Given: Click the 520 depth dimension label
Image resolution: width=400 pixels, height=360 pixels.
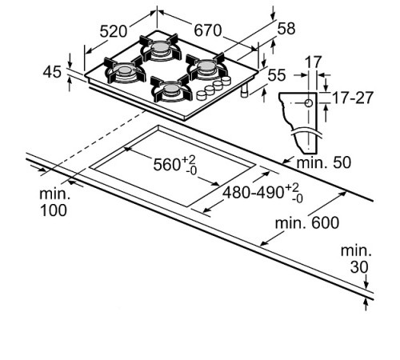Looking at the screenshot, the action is pyautogui.click(x=114, y=31).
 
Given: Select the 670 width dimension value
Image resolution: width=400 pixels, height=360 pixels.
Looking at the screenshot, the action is pyautogui.click(x=207, y=30).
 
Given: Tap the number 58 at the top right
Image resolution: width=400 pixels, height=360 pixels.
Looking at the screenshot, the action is pyautogui.click(x=286, y=28).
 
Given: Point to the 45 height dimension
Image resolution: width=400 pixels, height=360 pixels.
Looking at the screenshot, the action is pyautogui.click(x=52, y=72).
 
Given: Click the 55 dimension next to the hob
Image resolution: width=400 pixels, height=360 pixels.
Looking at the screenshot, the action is pyautogui.click(x=277, y=75).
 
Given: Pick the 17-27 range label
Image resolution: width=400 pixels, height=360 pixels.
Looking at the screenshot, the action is pyautogui.click(x=353, y=98).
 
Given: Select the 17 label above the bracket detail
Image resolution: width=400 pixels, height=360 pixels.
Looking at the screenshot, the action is pyautogui.click(x=313, y=62).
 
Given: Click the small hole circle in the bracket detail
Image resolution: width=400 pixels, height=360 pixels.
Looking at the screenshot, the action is pyautogui.click(x=309, y=103).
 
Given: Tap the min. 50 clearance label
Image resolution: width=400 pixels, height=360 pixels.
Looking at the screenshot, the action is pyautogui.click(x=324, y=162).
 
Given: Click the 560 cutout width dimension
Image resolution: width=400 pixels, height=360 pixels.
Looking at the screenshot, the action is pyautogui.click(x=174, y=164).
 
